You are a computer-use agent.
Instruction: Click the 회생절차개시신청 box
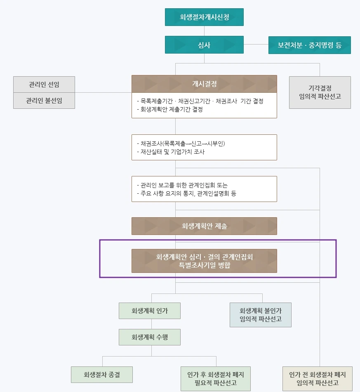[x=204, y=17]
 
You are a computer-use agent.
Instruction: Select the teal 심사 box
[x=204, y=45]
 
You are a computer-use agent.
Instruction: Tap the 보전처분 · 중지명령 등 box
[x=309, y=45]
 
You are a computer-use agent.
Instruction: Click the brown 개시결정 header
[x=204, y=84]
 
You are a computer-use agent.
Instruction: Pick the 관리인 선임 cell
[x=44, y=85]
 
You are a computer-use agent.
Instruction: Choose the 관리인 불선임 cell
[x=44, y=100]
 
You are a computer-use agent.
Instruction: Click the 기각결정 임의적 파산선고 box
[x=320, y=92]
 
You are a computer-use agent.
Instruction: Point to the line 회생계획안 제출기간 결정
[x=169, y=110]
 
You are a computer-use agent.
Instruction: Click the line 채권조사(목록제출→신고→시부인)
[x=181, y=143]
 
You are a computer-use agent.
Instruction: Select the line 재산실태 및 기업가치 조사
[x=170, y=152]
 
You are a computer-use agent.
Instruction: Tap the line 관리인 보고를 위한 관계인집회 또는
[x=182, y=185]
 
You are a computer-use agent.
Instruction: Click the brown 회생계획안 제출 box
[x=204, y=226]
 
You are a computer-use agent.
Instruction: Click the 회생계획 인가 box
[x=150, y=311]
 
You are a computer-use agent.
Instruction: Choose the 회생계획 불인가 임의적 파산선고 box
[x=260, y=315]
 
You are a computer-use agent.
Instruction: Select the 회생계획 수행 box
[x=150, y=337]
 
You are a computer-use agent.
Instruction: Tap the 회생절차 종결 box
[x=102, y=375]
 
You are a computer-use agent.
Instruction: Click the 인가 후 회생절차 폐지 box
[x=215, y=379]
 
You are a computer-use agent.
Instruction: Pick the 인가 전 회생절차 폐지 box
[x=317, y=379]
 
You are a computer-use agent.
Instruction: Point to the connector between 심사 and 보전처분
[x=256, y=45]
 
